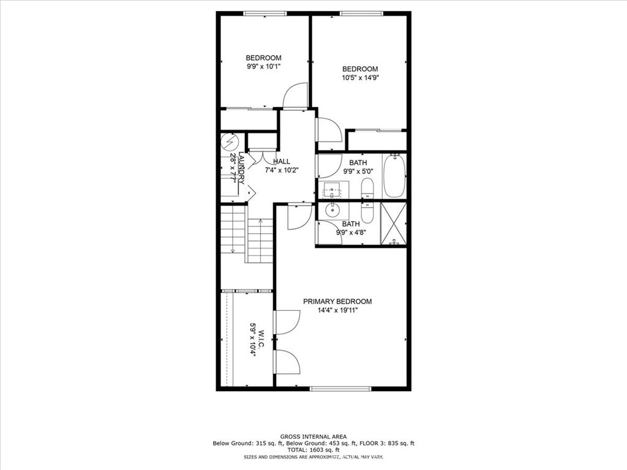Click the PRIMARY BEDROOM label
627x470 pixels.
pos(337,301)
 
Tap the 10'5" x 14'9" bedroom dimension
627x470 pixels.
pos(360,78)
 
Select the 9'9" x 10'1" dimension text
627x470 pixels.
pos(263,66)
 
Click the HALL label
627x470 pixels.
pos(282,162)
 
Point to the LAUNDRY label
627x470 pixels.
pos(241,168)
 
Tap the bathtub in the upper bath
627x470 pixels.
pos(394,176)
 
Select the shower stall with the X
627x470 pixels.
pos(394,223)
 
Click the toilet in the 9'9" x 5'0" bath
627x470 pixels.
pos(367,188)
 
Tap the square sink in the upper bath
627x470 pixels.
pos(332,190)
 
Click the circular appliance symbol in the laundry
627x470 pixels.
pos(230,141)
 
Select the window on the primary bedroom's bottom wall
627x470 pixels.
pos(340,388)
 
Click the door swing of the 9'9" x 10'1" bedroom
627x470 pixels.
pos(295,95)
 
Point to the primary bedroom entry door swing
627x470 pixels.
pos(299,216)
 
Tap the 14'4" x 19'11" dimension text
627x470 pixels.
pos(337,310)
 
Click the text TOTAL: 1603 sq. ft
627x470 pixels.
pos(313,450)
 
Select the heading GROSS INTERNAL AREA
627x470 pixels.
pos(313,437)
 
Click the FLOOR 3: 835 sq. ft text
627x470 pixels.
pos(387,443)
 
